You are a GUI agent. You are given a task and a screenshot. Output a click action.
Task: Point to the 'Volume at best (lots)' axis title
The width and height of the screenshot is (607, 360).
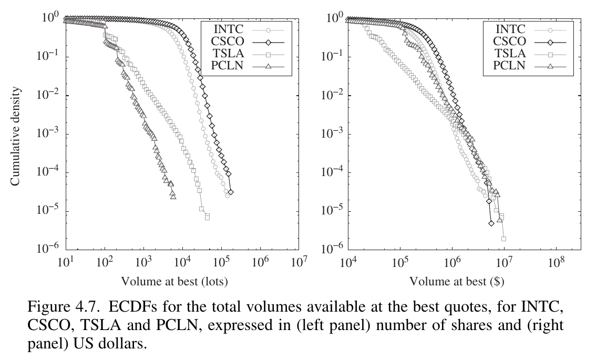(x=174, y=281)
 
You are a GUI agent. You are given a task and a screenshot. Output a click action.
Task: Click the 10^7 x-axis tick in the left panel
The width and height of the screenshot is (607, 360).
(x=299, y=261)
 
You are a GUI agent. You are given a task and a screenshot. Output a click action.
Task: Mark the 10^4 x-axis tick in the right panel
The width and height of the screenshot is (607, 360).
(x=348, y=261)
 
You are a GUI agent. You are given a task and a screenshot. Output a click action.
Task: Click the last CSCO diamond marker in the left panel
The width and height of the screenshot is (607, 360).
(x=230, y=192)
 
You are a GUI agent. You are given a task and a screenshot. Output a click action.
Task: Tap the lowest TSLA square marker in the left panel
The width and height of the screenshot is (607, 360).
(x=207, y=217)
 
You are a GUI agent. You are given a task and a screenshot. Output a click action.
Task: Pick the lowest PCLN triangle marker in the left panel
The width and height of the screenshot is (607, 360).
(x=173, y=196)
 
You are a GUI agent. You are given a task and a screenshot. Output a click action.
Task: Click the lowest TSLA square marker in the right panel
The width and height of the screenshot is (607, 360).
(x=503, y=239)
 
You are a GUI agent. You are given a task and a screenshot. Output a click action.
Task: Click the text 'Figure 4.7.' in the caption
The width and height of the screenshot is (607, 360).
(x=54, y=306)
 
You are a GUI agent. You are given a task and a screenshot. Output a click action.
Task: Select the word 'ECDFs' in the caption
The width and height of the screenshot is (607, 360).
(x=106, y=306)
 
